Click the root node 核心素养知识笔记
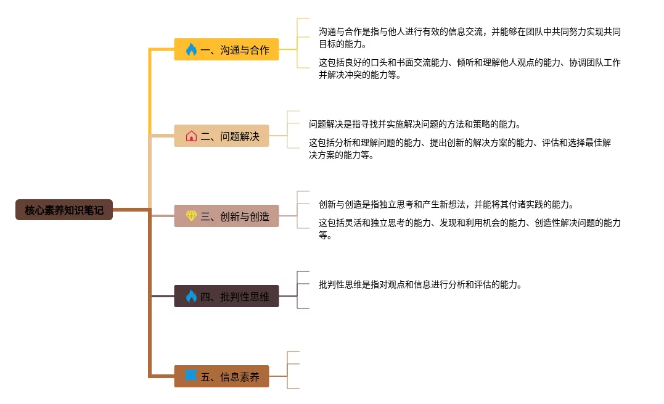[x=64, y=210]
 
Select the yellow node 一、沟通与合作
[x=226, y=50]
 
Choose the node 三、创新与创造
[x=226, y=216]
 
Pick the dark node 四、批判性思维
[x=226, y=296]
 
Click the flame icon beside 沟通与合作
[x=191, y=50]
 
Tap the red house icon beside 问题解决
[x=191, y=136]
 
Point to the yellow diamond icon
[x=191, y=216]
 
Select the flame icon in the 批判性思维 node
[x=191, y=296]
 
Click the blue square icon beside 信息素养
[x=191, y=375]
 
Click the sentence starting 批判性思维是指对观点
[x=420, y=284]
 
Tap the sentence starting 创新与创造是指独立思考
[x=446, y=204]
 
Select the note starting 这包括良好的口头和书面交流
[x=469, y=68]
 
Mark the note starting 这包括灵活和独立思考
[x=469, y=229]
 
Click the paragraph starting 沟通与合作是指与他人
[x=469, y=38]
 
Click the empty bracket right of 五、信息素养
[x=293, y=370]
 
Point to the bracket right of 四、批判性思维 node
[x=303, y=290]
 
